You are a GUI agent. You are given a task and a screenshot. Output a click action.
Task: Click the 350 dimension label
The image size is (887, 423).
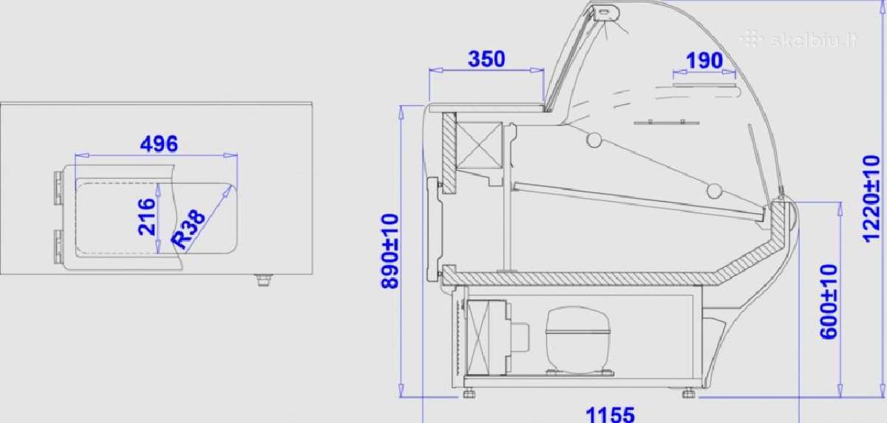point(486,58)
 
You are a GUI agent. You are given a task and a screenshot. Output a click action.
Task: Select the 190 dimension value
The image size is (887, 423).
point(704,61)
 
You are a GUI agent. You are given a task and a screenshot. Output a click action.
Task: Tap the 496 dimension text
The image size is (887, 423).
point(159,143)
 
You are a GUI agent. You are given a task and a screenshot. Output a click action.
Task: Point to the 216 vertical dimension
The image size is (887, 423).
point(146,217)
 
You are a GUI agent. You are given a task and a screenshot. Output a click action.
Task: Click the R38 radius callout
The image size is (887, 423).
point(188,229)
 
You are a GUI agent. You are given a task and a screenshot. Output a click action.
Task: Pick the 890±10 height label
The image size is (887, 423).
point(390,251)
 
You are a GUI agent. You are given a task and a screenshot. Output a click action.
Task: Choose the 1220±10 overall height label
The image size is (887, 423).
point(871,199)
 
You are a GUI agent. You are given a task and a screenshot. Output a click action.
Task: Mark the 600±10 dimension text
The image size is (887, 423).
point(829,302)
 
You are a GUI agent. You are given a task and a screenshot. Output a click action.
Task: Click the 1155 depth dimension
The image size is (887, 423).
point(610,414)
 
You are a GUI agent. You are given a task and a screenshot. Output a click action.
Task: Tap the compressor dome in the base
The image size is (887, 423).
point(577,340)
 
